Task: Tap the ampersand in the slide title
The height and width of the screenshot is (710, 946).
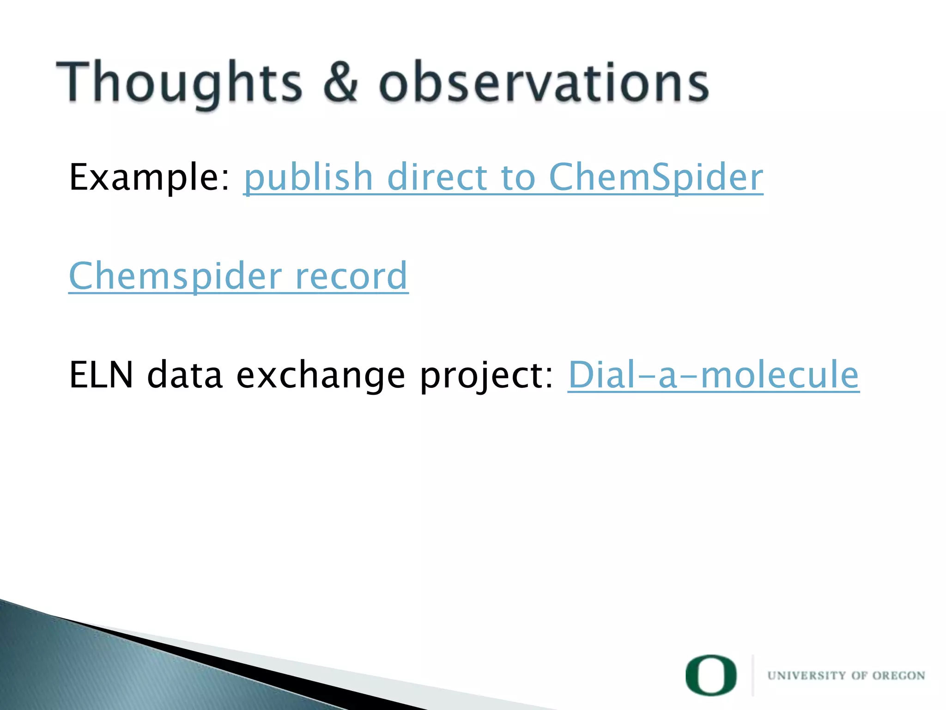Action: tap(340, 82)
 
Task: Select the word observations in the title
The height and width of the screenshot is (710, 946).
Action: tap(544, 82)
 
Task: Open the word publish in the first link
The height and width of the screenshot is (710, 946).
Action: tap(308, 178)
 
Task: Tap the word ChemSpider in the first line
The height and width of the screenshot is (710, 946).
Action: tap(656, 178)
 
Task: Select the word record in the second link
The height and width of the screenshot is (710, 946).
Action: tap(351, 276)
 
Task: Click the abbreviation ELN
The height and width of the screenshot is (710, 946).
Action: tap(101, 374)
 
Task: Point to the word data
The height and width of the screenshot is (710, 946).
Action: tap(185, 374)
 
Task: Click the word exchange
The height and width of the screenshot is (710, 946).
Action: tap(321, 375)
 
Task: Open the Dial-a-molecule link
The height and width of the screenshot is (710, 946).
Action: tap(713, 374)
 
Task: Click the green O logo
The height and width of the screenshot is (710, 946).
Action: tap(711, 675)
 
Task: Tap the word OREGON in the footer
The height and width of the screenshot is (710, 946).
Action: tap(898, 675)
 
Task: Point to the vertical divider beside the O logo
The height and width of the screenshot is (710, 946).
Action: tap(753, 675)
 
